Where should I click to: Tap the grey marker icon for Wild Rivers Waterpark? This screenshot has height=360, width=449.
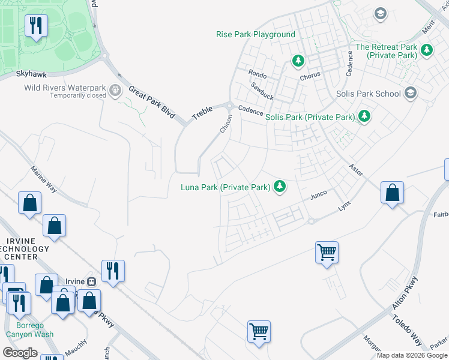116,91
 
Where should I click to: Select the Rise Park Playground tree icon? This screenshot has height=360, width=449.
298,61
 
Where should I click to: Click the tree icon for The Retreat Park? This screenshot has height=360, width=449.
426,50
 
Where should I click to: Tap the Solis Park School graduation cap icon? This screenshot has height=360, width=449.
411,93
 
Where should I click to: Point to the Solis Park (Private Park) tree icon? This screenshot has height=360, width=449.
364,116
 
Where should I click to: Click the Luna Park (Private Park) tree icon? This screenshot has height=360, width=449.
279,187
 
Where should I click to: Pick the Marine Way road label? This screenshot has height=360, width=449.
43,179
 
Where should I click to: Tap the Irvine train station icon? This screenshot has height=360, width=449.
92,282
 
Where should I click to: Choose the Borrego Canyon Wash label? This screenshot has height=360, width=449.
30,330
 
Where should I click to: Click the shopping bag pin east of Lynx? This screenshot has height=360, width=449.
392,193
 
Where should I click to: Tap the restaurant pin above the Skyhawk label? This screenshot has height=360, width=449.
36,25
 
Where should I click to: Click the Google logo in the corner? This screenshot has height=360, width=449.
20,353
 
